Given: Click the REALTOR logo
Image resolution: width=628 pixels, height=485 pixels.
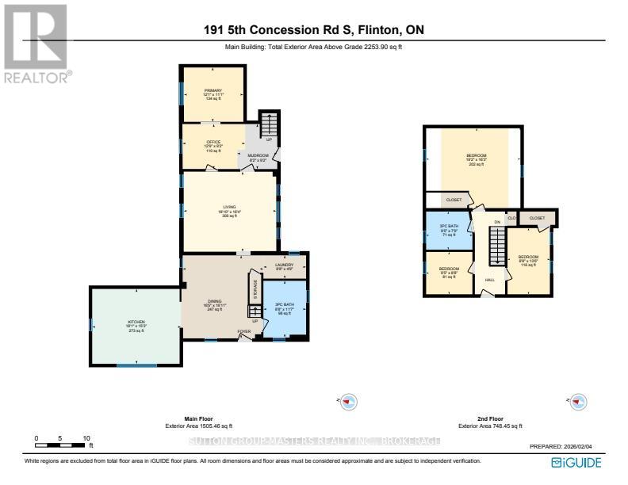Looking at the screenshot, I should pyautogui.click(x=36, y=43).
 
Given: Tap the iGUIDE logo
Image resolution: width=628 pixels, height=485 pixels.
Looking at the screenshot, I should pyautogui.click(x=575, y=462).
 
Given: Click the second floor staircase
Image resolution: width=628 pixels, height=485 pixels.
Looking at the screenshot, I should pyautogui.click(x=496, y=246).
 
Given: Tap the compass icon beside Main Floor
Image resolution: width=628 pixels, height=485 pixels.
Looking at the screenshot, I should pyautogui.click(x=346, y=401).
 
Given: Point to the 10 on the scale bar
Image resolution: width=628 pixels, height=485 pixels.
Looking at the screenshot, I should pyautogui.click(x=86, y=437).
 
